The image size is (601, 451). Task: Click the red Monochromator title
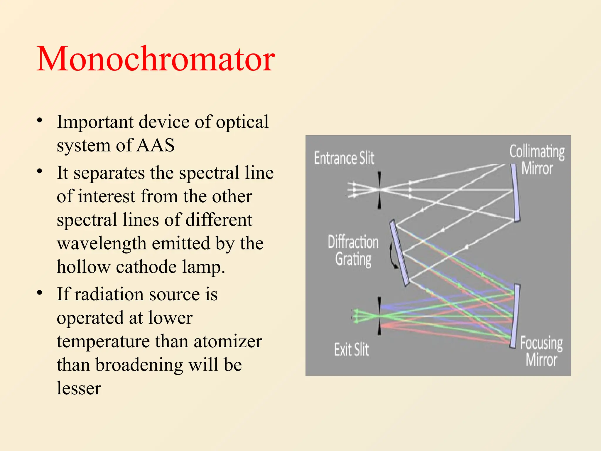[x=156, y=59]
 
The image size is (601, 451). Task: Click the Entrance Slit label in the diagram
[x=344, y=158]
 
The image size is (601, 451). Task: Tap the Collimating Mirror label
[x=537, y=160]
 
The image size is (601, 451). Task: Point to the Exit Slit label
[x=351, y=349]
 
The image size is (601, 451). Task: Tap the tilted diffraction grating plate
[x=399, y=253]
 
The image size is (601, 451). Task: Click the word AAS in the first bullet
[x=156, y=145]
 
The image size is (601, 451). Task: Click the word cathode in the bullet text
[x=146, y=267]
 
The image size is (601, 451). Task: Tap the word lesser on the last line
[x=79, y=388]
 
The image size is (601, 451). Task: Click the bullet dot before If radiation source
[x=40, y=293]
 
